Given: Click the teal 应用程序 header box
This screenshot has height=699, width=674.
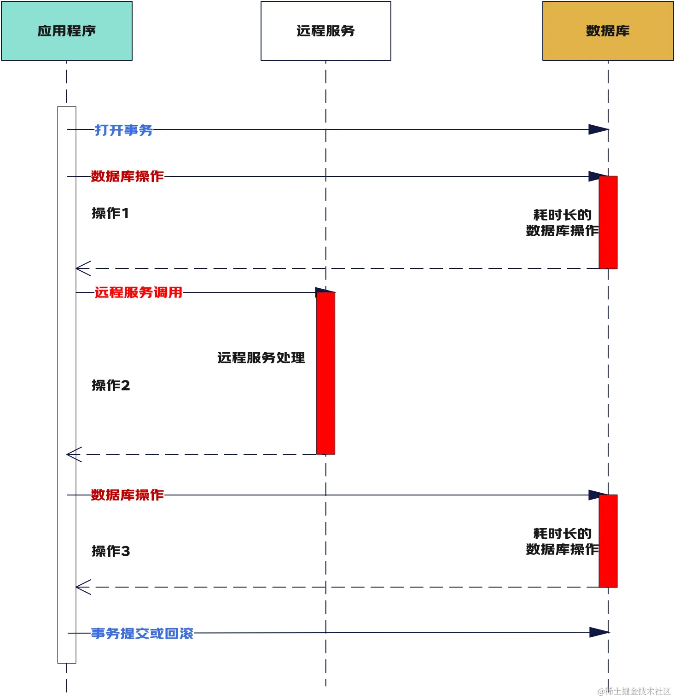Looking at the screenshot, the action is tap(67, 31).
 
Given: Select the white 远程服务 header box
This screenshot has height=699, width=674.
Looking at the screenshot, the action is tap(325, 31).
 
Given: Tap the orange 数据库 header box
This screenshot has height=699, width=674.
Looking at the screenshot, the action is tap(608, 31).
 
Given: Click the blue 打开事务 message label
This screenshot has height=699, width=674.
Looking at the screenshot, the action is tap(123, 130).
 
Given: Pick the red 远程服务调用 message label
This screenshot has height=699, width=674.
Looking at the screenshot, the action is tap(138, 292).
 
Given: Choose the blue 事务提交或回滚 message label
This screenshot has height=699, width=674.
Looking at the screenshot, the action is tap(142, 634).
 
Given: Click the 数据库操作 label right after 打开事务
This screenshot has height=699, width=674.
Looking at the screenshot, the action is tap(127, 176).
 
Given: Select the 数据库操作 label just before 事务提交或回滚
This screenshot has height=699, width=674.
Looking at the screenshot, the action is tap(127, 495).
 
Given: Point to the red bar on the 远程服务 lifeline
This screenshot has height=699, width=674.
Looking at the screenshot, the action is tap(325, 373).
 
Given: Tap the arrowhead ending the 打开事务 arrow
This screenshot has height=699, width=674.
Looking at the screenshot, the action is tap(597, 130).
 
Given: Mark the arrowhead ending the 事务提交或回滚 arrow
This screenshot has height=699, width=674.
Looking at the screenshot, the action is tap(598, 632).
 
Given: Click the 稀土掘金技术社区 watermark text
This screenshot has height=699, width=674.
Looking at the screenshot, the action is tap(634, 690).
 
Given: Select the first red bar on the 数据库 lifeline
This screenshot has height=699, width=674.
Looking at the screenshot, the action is tap(608, 222).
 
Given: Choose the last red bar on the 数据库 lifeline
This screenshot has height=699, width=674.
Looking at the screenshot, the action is tap(608, 541).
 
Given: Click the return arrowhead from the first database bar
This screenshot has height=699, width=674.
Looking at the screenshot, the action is tap(83, 268).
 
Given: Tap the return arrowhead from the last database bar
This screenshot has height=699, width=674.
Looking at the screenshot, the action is tap(83, 588).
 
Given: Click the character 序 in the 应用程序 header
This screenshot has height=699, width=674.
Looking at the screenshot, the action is tap(89, 31).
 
